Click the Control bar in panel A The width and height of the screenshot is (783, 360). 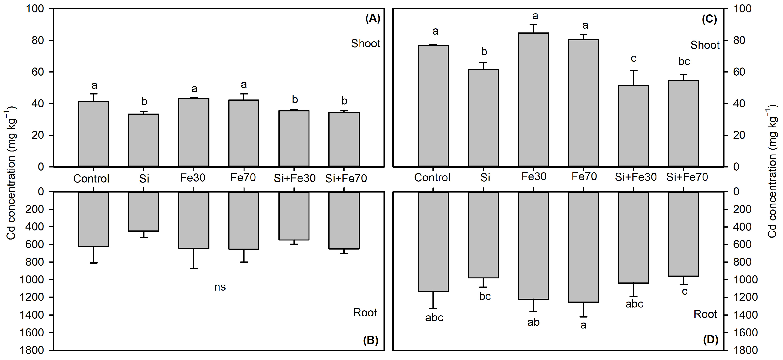point(94,134)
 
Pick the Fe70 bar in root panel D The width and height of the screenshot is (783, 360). point(583,247)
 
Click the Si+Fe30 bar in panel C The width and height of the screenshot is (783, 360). point(634,126)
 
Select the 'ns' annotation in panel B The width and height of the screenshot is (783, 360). point(220,287)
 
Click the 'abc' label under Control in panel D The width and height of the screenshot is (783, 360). point(434,318)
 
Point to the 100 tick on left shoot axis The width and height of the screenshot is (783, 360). point(35,9)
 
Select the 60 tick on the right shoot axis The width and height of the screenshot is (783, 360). point(739,72)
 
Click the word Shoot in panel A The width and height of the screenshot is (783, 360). point(365,44)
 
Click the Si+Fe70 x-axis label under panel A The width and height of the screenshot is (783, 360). point(346,178)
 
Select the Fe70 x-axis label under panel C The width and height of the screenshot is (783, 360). point(584,177)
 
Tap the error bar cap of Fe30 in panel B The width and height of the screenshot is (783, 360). point(194,268)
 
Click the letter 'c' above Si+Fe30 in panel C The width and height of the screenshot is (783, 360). point(634,58)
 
